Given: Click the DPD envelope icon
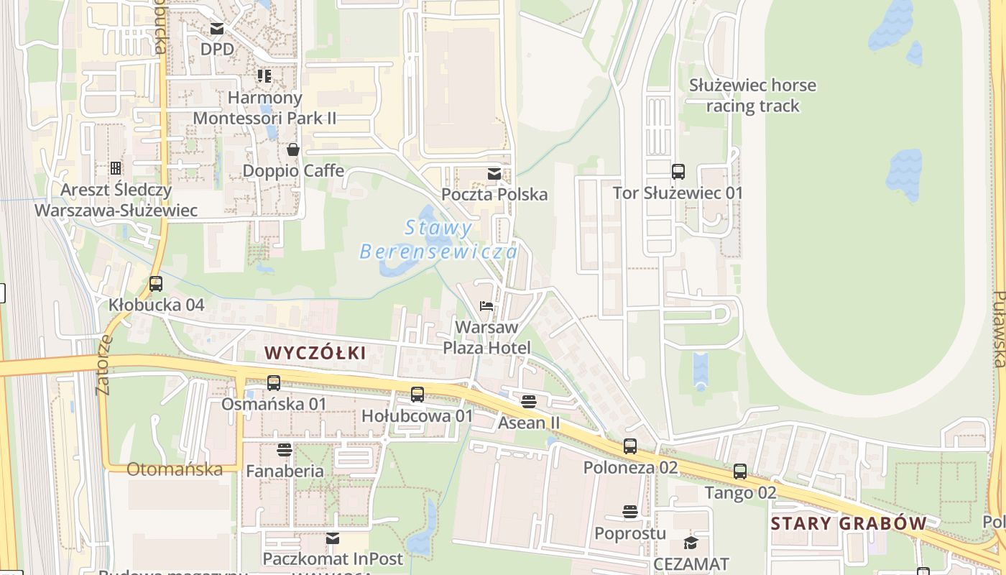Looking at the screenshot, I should pos(217,29).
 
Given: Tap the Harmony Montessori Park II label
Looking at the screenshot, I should pos(264,107).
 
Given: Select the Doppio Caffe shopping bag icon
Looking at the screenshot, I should pos(293,149).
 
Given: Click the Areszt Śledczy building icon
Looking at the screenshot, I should pos(116,168).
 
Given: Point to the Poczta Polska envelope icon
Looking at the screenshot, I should pos(494,174).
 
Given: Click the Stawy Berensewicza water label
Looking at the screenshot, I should pos(438,240).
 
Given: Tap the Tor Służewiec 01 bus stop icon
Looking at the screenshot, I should pos(678,172).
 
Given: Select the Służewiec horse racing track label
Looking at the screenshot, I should pos(752,96).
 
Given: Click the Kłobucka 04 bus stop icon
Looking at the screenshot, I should pos(156,284).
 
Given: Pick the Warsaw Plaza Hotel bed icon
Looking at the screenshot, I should pos(486,306).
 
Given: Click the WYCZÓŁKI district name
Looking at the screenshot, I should pos(315,353).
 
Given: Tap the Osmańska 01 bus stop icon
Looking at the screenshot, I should pos(274,383).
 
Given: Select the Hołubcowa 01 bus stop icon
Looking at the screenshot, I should pos(417,395).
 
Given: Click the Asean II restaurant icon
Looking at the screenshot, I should pos(529,401).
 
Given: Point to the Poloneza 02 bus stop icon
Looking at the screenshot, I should pos(630,446).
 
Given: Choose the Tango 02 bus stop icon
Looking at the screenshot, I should pos(740,472).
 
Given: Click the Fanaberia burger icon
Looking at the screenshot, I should pos(285,450).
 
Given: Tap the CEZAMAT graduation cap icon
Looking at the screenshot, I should pos(691,543).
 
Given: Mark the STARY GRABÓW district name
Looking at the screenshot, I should pos(848,523).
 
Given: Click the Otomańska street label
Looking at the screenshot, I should pos(175,469).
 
